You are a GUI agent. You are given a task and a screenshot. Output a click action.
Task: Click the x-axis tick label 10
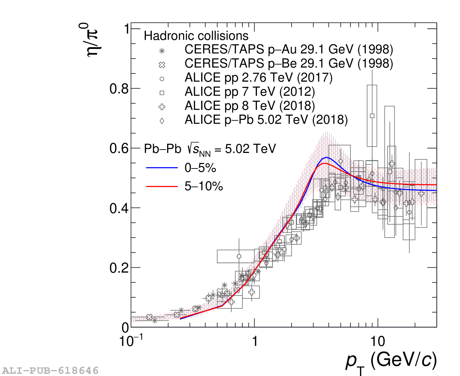377,341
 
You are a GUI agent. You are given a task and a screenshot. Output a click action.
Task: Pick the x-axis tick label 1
255,341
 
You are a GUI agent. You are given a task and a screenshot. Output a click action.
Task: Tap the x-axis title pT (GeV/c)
391,361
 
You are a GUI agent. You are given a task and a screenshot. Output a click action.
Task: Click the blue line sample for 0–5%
162,168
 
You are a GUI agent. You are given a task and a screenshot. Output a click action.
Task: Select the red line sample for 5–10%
162,186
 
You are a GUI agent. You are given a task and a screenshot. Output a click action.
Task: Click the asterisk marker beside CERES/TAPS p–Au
162,51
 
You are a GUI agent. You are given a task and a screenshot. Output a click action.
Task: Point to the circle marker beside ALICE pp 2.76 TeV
162,79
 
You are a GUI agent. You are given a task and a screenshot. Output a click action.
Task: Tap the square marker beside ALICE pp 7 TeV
162,93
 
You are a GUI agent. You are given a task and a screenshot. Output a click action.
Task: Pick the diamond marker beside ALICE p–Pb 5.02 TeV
162,121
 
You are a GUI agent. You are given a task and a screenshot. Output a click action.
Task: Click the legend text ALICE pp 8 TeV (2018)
249,106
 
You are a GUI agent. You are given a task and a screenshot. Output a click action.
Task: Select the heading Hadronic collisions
196,36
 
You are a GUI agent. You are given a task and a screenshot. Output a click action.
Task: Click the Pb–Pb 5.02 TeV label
210,149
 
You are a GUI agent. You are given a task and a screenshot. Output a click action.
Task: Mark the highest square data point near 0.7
372,116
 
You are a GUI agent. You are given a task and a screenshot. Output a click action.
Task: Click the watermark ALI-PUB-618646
50,370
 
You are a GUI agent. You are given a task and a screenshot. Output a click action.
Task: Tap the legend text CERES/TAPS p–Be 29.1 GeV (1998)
288,63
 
